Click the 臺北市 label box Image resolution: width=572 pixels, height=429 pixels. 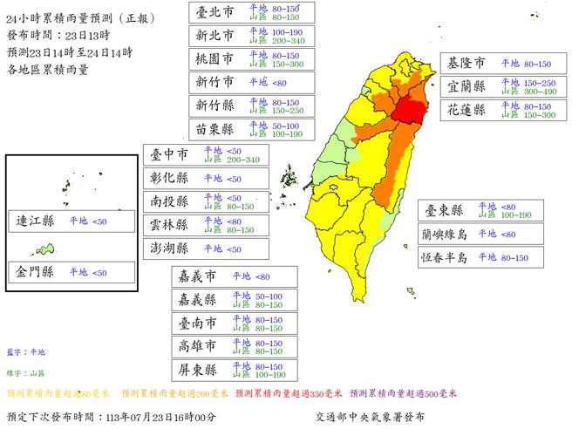[215, 11]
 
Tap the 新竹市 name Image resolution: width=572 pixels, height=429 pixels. [215, 82]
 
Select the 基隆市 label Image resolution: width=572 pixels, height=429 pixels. [467, 63]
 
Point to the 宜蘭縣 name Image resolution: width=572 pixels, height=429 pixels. [467, 86]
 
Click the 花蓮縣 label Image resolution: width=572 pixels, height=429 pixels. [467, 110]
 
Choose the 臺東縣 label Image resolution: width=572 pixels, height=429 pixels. [443, 210]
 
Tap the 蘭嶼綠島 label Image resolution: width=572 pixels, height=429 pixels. [445, 234]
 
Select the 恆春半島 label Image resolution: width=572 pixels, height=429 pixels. [445, 257]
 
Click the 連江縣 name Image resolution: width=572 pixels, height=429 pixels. [36, 221]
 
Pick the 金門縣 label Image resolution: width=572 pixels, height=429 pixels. [36, 273]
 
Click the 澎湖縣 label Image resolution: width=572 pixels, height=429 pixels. [170, 249]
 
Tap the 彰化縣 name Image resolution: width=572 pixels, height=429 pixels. [170, 178]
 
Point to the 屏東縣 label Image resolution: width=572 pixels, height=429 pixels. [198, 370]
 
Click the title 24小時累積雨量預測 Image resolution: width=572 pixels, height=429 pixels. [62, 17]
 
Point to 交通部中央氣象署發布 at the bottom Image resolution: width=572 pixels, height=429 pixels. [370, 417]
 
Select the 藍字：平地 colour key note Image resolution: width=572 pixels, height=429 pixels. [25, 351]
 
